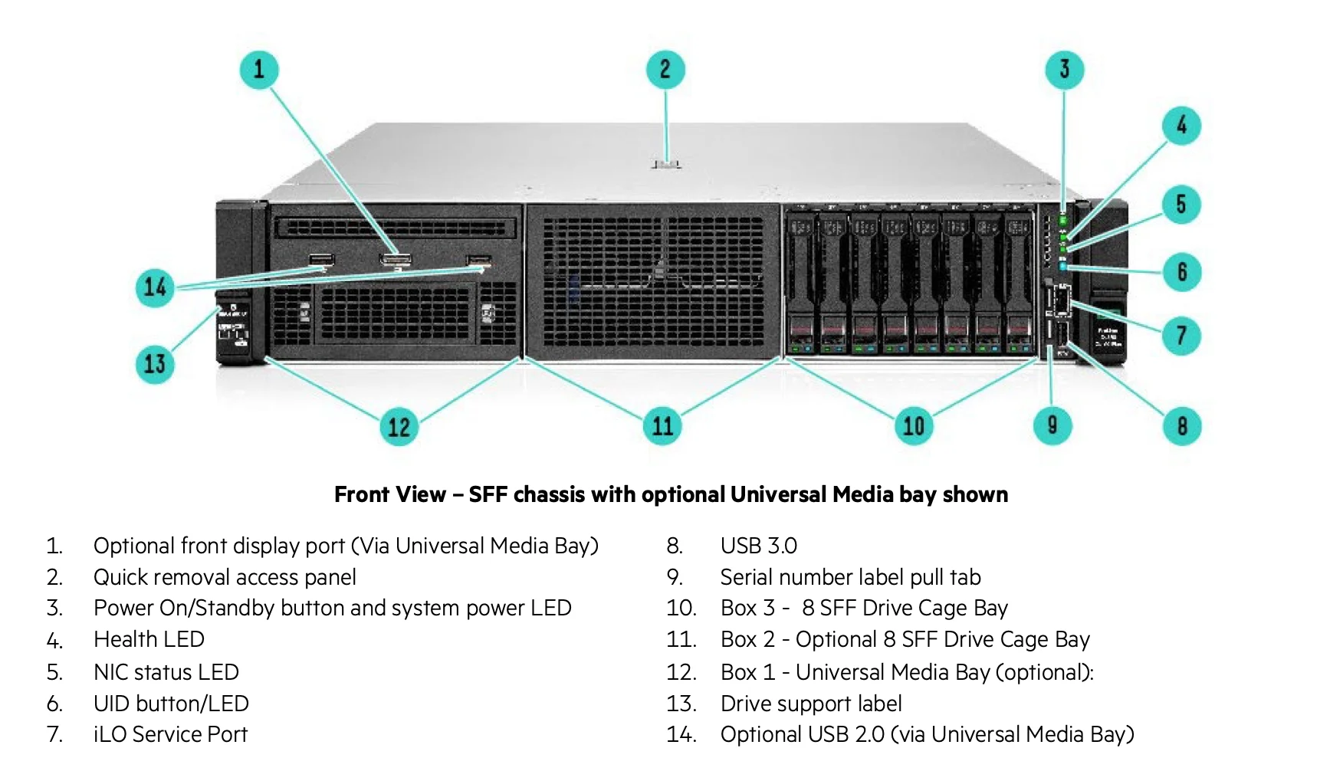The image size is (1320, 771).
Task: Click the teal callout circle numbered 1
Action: tap(259, 69)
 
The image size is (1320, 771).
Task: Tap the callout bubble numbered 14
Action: tap(155, 287)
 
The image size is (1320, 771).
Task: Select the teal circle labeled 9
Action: tap(1052, 425)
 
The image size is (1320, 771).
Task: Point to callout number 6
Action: tap(1181, 272)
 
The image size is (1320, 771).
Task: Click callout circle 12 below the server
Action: tap(399, 427)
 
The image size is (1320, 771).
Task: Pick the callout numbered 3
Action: tap(1064, 69)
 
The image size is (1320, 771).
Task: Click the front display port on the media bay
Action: tap(396, 260)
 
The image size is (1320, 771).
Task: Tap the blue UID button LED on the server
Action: tap(1063, 267)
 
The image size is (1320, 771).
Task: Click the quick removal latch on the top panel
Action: tap(665, 162)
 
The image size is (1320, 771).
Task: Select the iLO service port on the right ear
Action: tap(1061, 300)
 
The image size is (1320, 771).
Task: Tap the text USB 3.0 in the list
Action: tap(758, 546)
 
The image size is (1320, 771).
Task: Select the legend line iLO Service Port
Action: tap(170, 734)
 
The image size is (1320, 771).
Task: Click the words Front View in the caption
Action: tap(389, 494)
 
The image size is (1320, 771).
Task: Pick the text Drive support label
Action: tap(810, 704)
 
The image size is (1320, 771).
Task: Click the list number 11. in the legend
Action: tap(681, 639)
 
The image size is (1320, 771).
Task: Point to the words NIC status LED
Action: tap(166, 672)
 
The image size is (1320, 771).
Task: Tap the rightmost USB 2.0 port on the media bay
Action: tap(479, 261)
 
